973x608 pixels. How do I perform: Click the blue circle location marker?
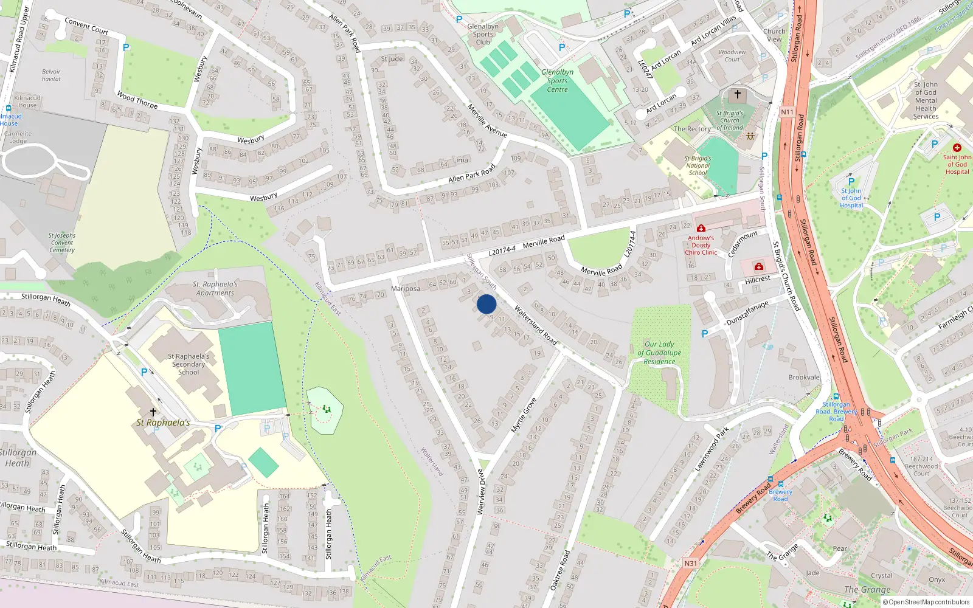486,304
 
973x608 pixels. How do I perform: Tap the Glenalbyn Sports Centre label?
557,81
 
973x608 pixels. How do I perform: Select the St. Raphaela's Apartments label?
215,288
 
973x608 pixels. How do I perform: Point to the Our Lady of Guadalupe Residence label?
659,353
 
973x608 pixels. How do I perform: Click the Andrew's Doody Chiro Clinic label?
701,245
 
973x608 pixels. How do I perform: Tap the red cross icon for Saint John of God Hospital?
957,148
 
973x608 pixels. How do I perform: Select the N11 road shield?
787,112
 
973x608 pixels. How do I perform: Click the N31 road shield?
690,564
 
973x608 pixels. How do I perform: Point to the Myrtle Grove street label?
524,415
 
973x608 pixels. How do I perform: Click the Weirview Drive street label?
481,491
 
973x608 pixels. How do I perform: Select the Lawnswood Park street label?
712,449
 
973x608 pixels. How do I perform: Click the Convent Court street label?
86,26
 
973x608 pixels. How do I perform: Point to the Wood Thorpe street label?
137,100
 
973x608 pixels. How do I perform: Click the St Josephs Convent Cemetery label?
62,243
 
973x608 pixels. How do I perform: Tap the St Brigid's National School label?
698,165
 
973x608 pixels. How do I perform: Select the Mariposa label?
406,289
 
